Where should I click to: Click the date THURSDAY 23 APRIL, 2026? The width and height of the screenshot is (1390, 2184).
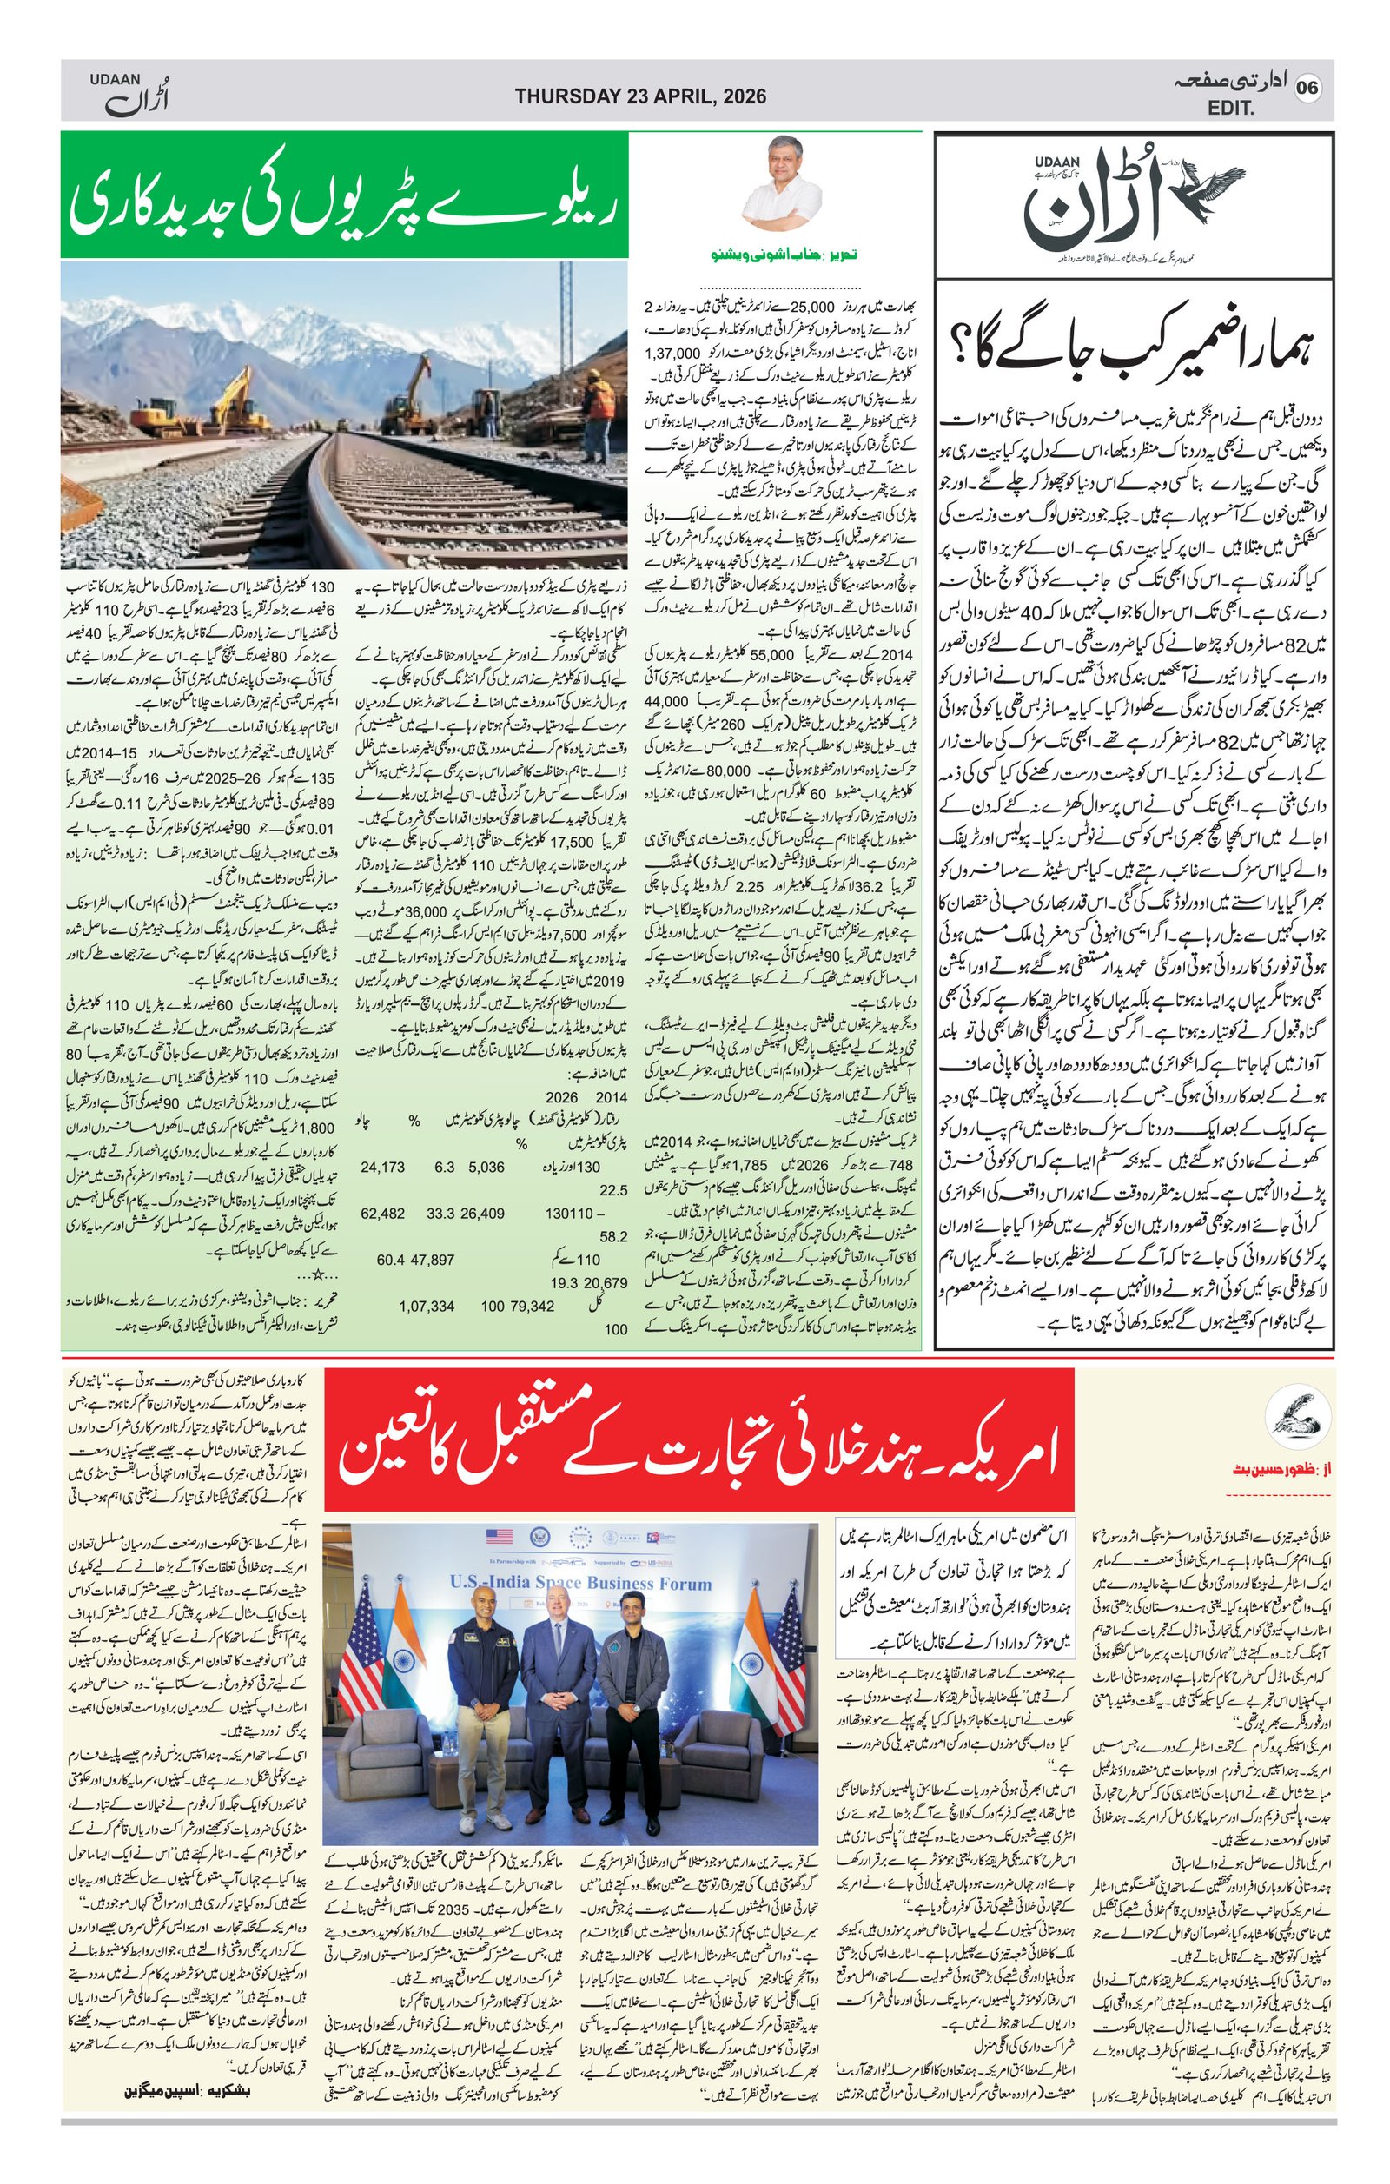640,96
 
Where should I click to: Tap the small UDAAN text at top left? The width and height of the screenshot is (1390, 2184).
111,80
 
